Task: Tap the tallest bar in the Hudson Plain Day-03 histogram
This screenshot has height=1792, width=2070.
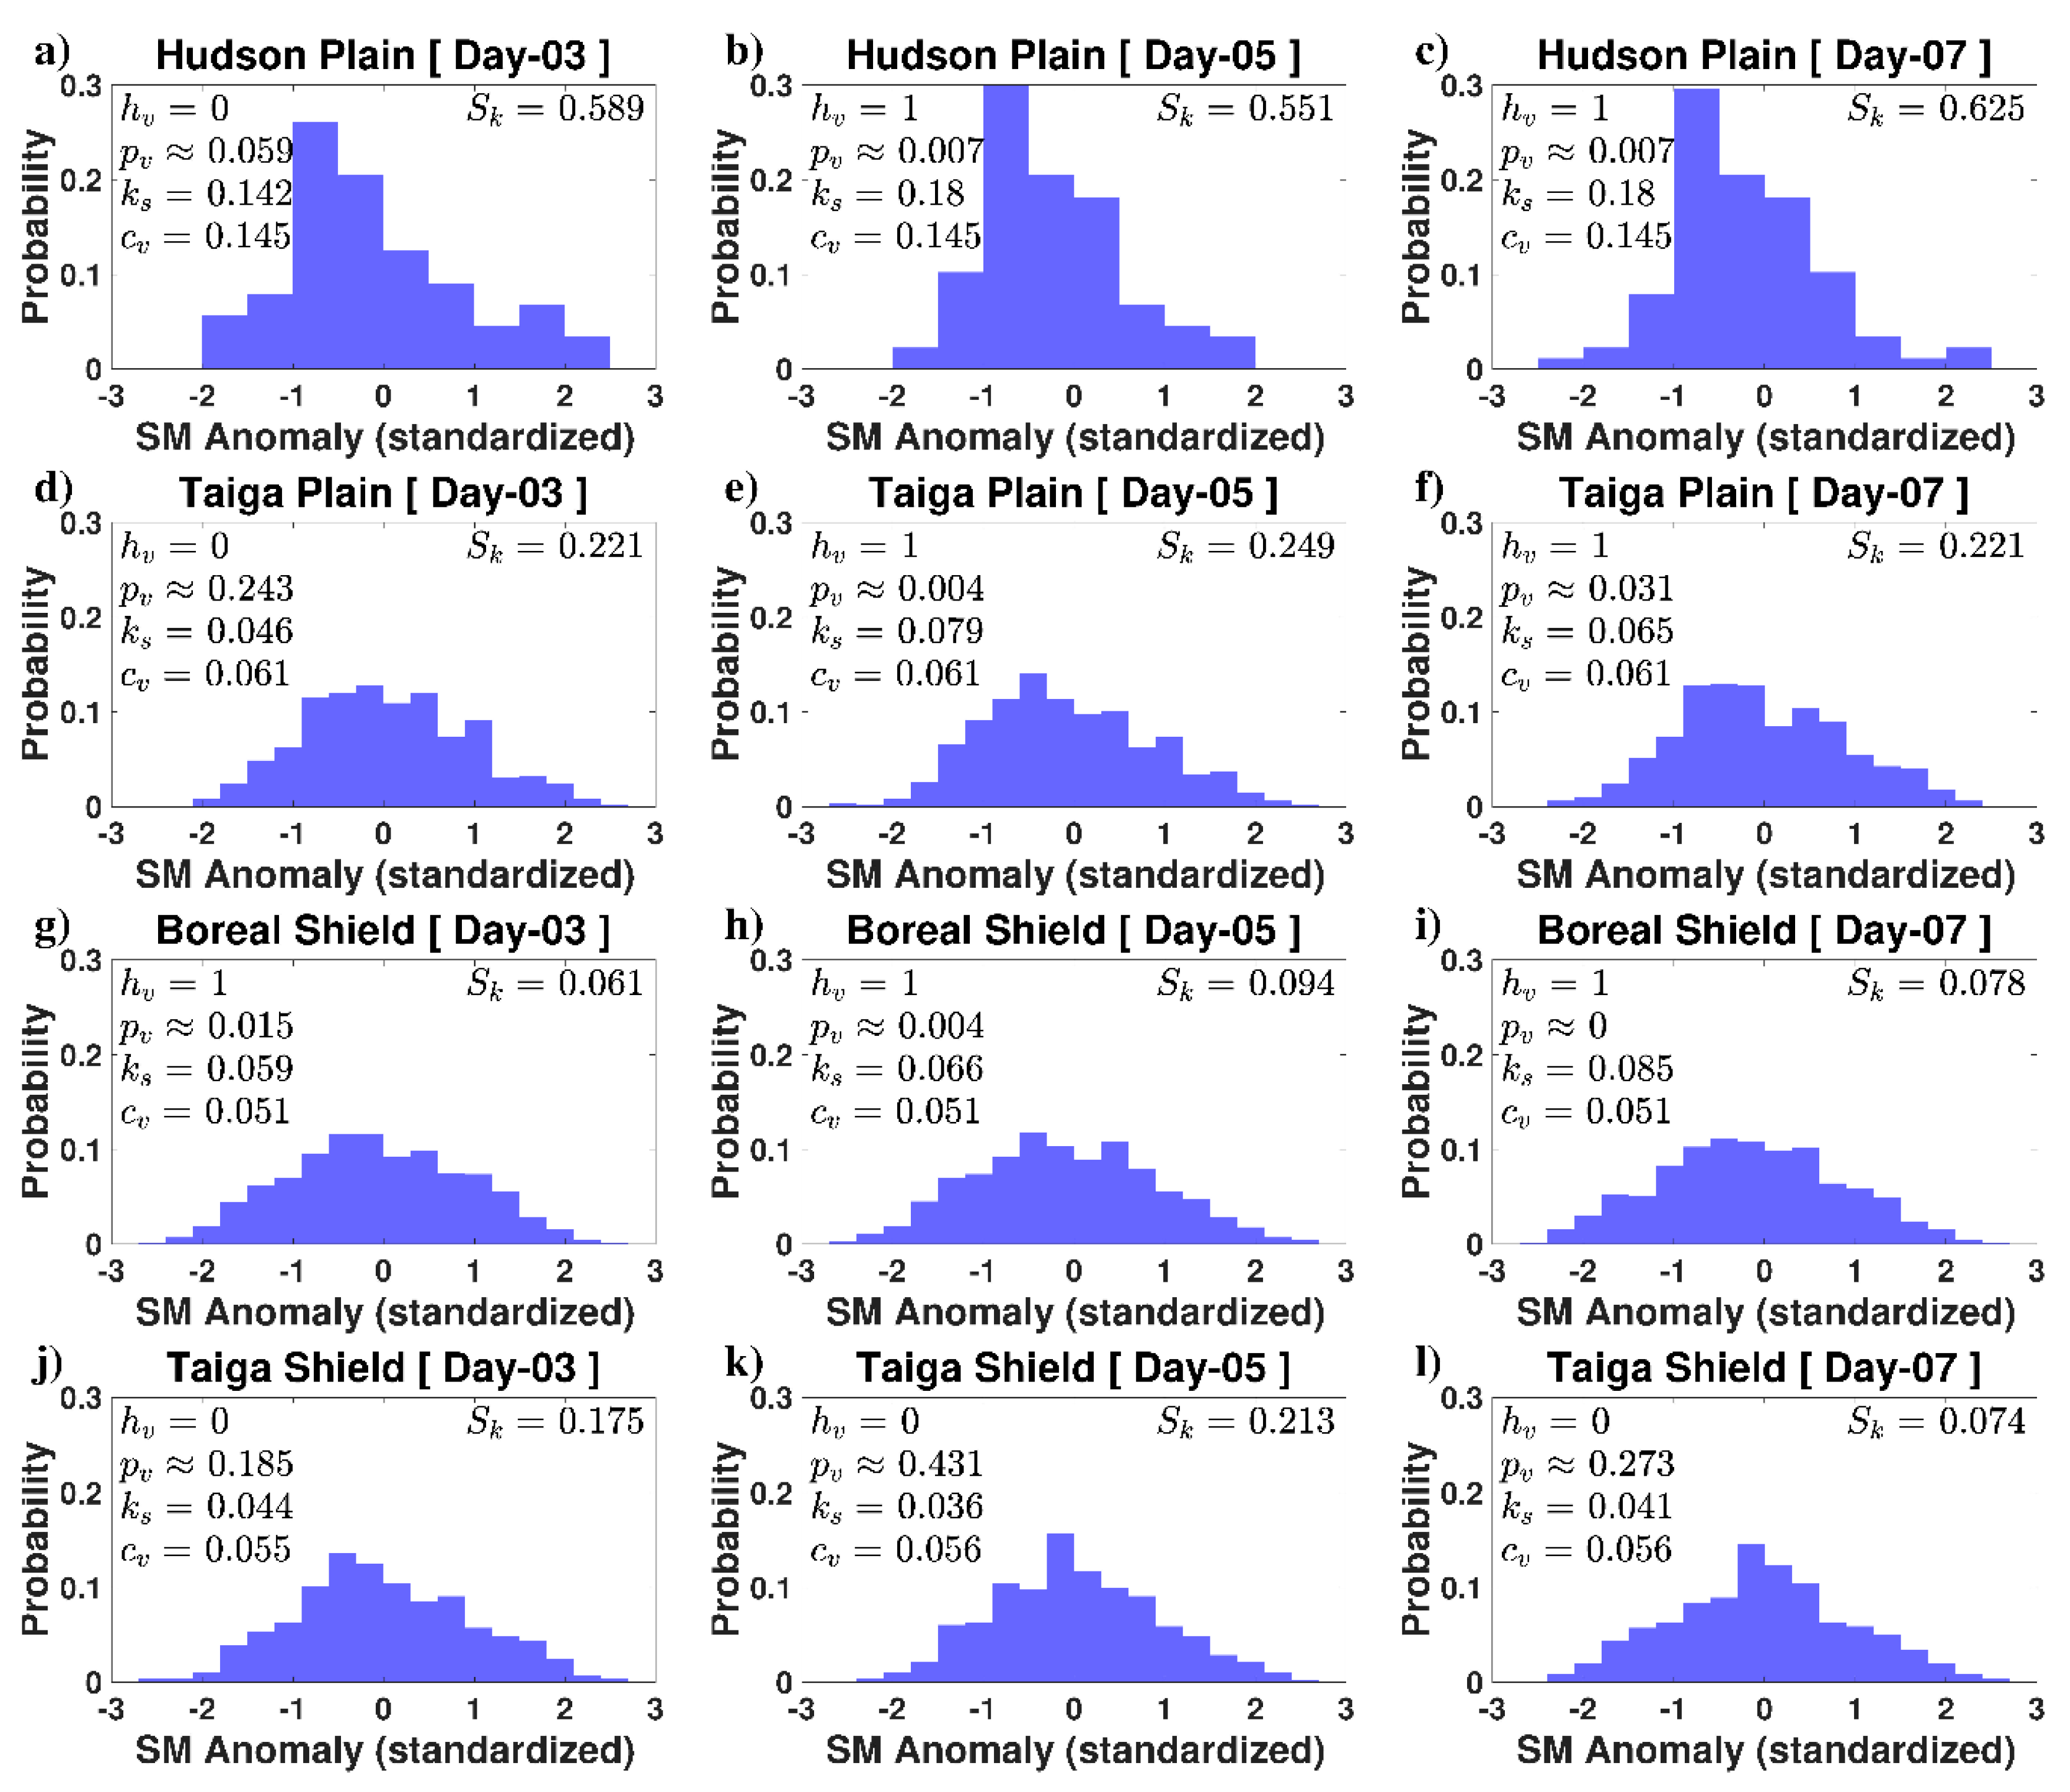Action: (315, 245)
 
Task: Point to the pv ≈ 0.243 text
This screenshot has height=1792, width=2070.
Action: (207, 589)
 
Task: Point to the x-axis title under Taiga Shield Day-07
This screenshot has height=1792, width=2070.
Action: (1765, 1750)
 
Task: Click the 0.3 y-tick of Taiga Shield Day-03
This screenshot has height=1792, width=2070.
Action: (81, 1398)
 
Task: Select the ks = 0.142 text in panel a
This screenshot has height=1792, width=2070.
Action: (207, 194)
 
